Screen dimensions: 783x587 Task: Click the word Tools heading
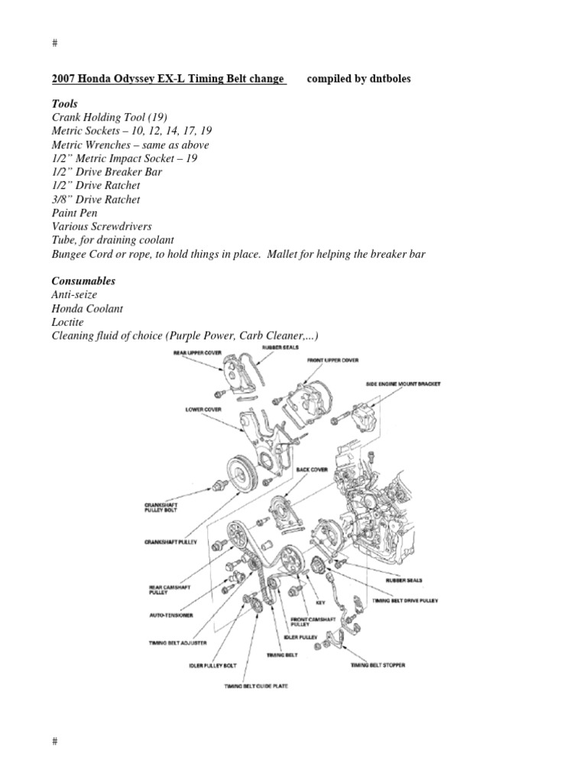[x=64, y=103]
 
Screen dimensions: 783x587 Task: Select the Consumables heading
[x=83, y=281]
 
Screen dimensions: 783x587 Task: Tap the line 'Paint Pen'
[x=76, y=213]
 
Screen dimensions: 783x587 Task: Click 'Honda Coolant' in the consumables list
[x=86, y=309]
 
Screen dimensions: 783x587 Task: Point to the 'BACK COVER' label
[x=313, y=469]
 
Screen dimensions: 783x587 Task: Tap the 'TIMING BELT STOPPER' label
[x=378, y=665]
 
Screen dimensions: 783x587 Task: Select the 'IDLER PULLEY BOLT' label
[x=210, y=665]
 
